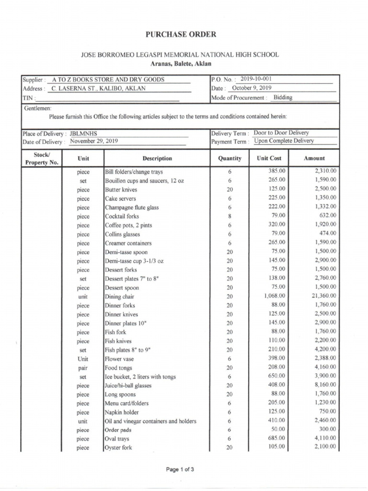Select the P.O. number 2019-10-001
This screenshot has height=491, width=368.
(259, 79)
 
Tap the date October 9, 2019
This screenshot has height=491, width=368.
(252, 88)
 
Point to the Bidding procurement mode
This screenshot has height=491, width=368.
(283, 97)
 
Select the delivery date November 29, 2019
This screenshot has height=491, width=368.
(94, 141)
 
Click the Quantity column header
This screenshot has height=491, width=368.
(230, 158)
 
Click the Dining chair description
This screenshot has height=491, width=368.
(120, 297)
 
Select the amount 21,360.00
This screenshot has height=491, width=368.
(323, 296)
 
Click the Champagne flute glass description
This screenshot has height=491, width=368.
(132, 208)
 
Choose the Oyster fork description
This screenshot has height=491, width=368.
(118, 448)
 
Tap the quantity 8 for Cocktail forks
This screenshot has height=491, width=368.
(230, 217)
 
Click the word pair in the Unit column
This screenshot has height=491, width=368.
(83, 368)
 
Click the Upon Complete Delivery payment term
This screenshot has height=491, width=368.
(284, 141)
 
